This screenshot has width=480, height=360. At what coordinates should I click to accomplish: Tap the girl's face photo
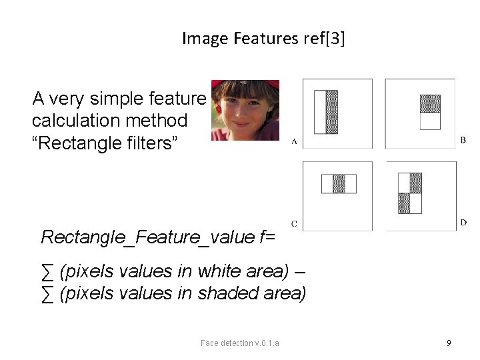(245, 110)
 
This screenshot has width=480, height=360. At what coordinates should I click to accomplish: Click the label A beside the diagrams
(294, 141)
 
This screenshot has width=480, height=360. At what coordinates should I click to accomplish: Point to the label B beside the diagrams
(463, 140)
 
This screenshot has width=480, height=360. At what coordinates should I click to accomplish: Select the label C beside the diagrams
(294, 223)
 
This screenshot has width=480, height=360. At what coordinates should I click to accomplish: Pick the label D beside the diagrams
(463, 223)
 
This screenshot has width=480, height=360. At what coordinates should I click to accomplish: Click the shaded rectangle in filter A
(331, 112)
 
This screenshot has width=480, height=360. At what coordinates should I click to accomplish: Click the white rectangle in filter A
(319, 112)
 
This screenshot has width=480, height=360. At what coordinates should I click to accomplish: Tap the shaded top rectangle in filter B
(430, 103)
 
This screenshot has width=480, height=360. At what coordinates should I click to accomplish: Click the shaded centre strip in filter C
(339, 183)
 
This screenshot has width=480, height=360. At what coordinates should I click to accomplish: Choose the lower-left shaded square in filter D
(404, 203)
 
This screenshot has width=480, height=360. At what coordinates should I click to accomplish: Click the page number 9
(449, 343)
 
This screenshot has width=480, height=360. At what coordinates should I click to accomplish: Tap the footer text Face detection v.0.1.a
(240, 343)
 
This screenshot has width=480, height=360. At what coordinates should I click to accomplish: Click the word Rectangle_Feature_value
(148, 237)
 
